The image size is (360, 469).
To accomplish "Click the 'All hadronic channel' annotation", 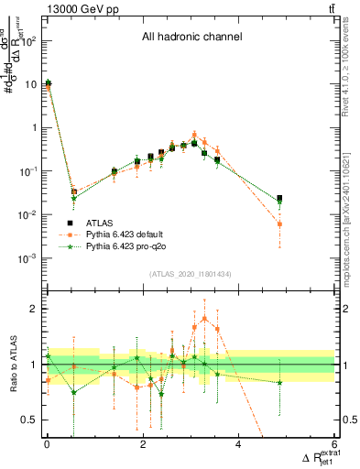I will pos(191,38).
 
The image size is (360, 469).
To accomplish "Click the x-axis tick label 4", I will pos(239,445).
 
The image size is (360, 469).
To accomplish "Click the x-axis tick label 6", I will pos(335,445).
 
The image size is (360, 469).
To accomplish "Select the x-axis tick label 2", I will pos(143,445).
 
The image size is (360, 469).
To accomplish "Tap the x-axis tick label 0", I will pos(47,445).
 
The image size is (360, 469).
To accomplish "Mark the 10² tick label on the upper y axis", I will pos(29,40).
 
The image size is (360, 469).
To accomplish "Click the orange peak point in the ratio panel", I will pos(204,318).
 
